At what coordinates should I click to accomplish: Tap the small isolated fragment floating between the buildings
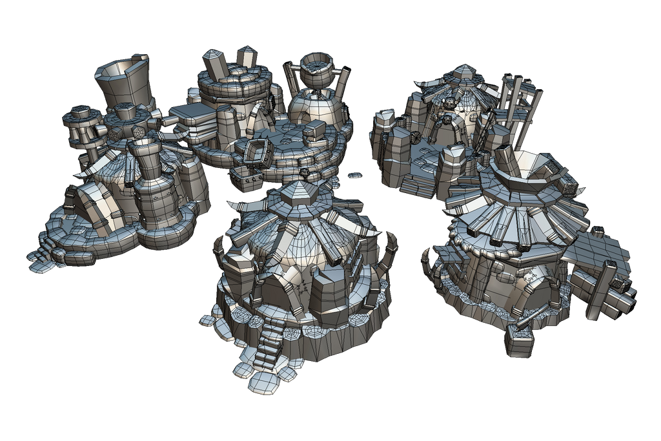354,175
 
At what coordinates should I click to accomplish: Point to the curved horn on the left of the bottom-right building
429,262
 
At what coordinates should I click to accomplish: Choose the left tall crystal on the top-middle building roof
216,65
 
